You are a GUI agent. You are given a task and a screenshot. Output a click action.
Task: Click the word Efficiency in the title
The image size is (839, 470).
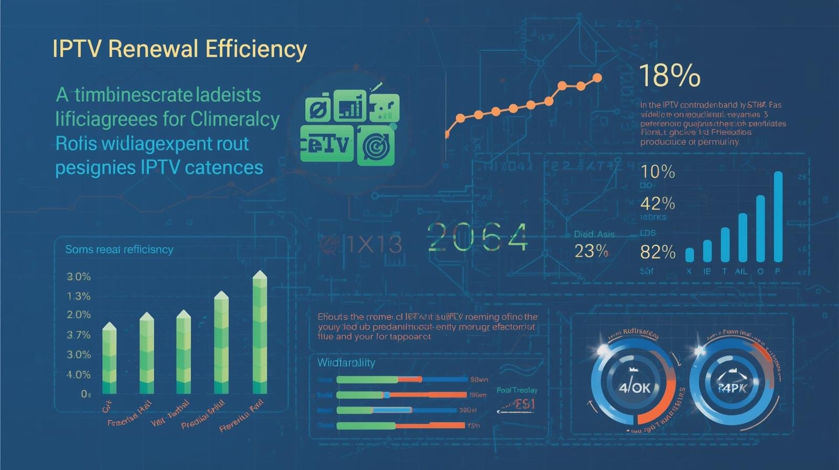(256, 49)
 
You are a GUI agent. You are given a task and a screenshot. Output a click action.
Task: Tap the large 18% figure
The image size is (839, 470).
(670, 76)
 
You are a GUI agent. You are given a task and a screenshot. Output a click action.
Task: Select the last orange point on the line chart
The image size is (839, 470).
(597, 78)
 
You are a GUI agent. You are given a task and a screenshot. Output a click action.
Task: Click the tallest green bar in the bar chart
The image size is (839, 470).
(260, 333)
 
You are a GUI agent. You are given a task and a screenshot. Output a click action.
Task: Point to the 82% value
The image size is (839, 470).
(658, 252)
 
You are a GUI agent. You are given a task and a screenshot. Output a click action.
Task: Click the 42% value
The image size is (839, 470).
(658, 203)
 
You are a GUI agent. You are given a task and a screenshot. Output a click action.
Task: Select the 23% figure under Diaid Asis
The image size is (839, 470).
(591, 251)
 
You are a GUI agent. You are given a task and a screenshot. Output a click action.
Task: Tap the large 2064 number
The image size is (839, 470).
(478, 237)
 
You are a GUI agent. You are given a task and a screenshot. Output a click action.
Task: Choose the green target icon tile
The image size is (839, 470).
(375, 146)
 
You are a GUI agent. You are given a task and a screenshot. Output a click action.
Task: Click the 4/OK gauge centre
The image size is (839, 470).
(633, 387)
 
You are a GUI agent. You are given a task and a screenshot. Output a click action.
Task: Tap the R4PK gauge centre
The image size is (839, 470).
(732, 388)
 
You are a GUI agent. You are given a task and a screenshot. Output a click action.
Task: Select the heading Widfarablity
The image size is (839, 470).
(346, 362)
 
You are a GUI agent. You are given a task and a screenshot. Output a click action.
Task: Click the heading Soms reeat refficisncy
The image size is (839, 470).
(119, 250)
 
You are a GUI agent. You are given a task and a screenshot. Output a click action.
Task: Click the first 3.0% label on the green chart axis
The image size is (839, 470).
(79, 276)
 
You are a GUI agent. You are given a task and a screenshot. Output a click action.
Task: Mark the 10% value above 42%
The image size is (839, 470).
(658, 172)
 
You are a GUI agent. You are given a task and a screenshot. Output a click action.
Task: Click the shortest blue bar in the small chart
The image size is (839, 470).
(690, 255)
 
